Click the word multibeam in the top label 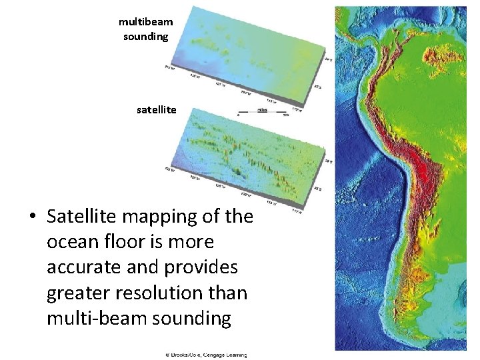coord(145,22)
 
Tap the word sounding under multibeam coord(145,36)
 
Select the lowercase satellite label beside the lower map coord(157,109)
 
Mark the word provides coord(205,267)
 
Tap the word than coord(231,293)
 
